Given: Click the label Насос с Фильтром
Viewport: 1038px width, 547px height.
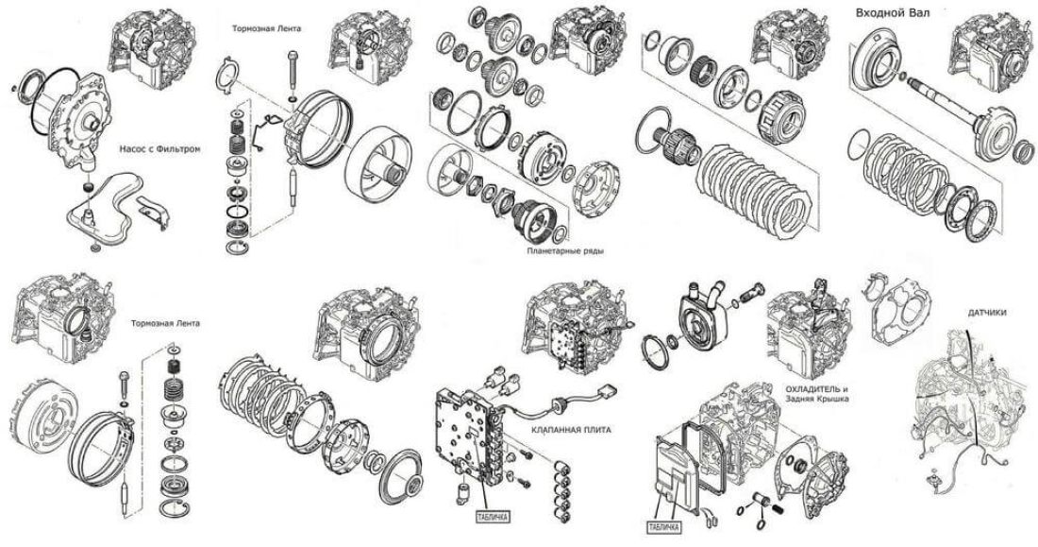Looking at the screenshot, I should tap(160, 149).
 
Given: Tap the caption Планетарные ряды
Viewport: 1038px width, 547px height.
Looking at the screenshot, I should tap(565, 252).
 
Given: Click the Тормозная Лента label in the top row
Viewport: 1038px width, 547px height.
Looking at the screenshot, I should tap(267, 29).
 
